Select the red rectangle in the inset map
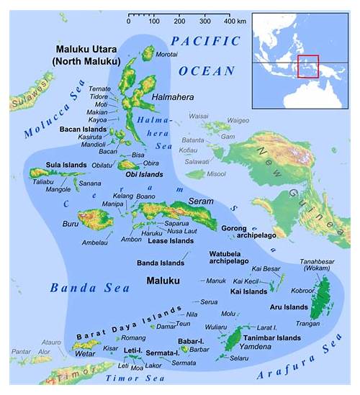coord(307,66)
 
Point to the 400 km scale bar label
coord(232,21)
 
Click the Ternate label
coord(99,88)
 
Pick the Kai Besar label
coord(266,268)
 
